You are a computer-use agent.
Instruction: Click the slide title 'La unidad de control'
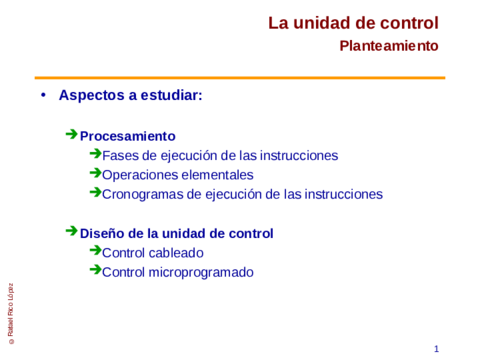pyautogui.click(x=353, y=23)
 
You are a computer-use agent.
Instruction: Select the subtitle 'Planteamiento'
pyautogui.click(x=388, y=46)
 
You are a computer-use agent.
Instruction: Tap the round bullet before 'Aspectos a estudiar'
pyautogui.click(x=43, y=96)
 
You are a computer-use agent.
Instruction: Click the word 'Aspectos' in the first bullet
pyautogui.click(x=91, y=96)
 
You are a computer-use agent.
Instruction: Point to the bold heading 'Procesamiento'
pyautogui.click(x=127, y=136)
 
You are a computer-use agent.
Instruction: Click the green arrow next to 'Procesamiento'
pyautogui.click(x=71, y=134)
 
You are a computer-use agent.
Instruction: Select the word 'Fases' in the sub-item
pyautogui.click(x=121, y=155)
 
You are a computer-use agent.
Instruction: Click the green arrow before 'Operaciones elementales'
pyautogui.click(x=94, y=173)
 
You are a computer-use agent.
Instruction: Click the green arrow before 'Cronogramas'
pyautogui.click(x=94, y=192)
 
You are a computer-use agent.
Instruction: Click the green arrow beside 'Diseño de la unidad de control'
pyautogui.click(x=71, y=231)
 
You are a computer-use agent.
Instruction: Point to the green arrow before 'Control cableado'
pyautogui.click(x=94, y=251)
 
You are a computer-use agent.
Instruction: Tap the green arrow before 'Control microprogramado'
pyautogui.click(x=94, y=270)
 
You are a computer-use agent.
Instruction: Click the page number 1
pyautogui.click(x=437, y=348)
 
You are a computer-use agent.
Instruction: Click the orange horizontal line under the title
pyautogui.click(x=240, y=77)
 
